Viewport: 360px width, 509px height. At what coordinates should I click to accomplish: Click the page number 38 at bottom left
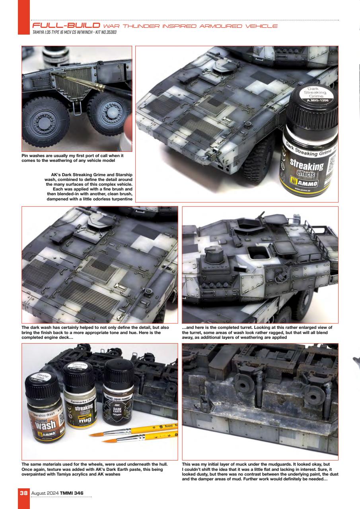coord(23,493)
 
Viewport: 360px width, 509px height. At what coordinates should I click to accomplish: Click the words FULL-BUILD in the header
coord(59,26)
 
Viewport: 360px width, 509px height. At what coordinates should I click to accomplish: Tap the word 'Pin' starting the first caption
coord(25,157)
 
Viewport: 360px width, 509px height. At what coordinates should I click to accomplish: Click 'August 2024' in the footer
coord(43,493)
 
